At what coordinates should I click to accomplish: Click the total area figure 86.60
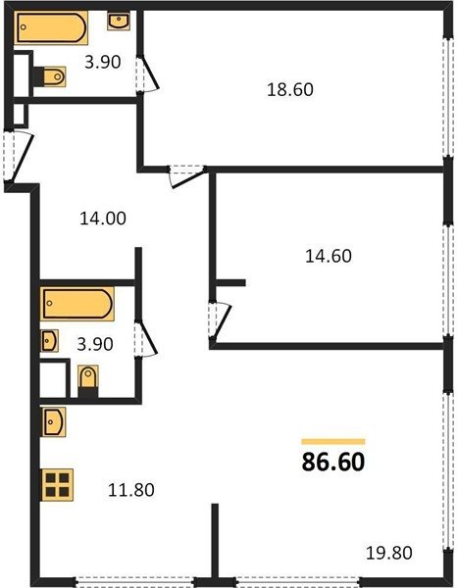coord(333,462)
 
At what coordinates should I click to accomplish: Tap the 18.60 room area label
coord(290,90)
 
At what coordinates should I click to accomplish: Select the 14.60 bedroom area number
coord(329,257)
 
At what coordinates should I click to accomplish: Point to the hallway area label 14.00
coord(103,219)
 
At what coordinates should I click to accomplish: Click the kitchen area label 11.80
coord(131,490)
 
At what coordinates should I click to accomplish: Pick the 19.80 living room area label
coord(389,553)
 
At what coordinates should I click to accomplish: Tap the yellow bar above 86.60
coord(333,441)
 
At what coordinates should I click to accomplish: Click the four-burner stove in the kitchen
coord(57,485)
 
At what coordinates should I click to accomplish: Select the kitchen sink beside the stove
coord(54,421)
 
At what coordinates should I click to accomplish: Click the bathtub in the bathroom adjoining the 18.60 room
coord(51,27)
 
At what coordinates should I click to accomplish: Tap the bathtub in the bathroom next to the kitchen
coord(77,304)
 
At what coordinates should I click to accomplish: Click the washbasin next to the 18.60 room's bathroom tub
coord(119,21)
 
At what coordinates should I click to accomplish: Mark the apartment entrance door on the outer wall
coord(19,157)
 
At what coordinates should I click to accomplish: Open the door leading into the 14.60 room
coord(220,320)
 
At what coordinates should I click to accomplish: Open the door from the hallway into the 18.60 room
coord(187,175)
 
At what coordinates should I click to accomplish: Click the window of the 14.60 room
coord(447,280)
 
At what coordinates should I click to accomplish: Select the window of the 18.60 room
coord(447,97)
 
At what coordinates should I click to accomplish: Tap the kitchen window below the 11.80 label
coord(135,582)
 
